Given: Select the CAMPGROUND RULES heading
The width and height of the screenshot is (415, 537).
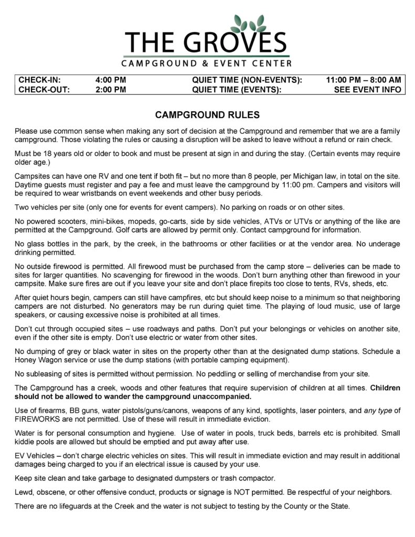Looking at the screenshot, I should (207, 114).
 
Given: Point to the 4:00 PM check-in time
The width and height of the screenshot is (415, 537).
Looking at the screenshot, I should (111, 80).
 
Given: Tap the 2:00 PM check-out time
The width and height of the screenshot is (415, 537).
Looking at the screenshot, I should (111, 90).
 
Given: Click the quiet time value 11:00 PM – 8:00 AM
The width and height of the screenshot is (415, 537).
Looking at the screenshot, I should (363, 80).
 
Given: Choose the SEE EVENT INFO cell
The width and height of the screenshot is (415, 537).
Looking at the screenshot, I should (367, 90).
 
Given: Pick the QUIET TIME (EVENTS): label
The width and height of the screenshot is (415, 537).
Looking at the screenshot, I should (237, 90).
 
